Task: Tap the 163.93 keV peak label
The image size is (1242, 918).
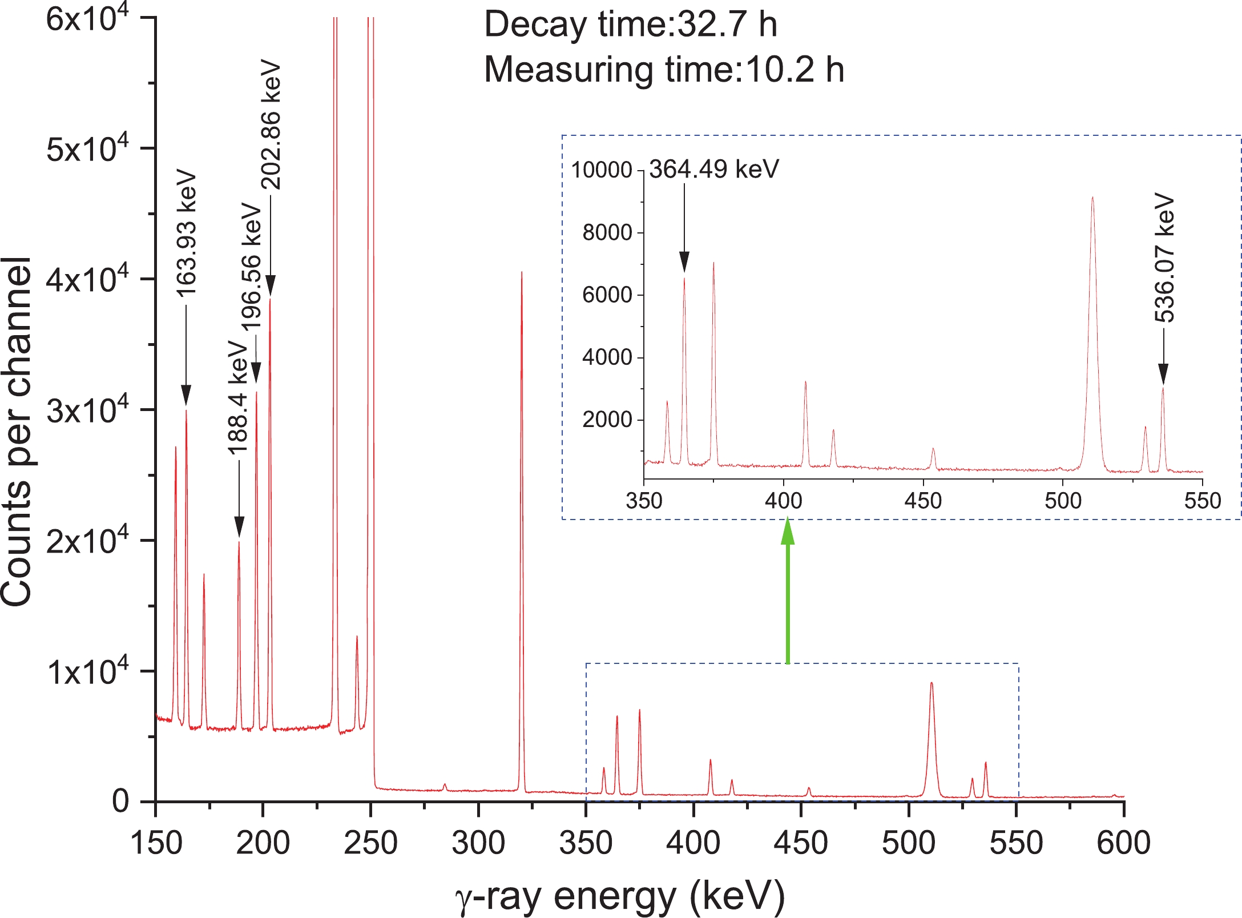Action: [187, 233]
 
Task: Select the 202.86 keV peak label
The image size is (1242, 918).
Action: [271, 124]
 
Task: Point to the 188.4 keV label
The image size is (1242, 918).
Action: [238, 398]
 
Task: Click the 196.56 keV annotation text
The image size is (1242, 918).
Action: [251, 267]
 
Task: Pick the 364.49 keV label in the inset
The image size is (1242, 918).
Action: [713, 169]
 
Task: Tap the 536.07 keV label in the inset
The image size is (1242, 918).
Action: [1164, 259]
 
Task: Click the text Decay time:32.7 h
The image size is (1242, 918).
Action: [630, 25]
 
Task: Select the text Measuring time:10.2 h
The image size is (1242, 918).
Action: [664, 70]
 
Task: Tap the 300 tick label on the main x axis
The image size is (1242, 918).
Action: [478, 843]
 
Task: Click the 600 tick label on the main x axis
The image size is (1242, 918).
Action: [1123, 843]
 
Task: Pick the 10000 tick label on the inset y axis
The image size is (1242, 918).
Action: [602, 170]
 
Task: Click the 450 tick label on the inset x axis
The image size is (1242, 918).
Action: [923, 501]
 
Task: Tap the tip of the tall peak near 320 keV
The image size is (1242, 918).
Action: [522, 273]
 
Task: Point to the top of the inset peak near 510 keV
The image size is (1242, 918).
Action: [1092, 198]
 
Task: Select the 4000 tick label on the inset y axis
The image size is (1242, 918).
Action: [607, 357]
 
